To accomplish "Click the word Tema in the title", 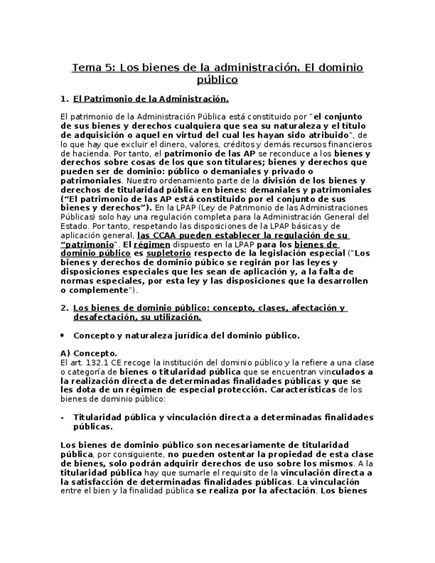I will [x=86, y=68].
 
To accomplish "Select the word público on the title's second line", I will [x=217, y=80].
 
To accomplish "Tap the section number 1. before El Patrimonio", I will [x=64, y=99].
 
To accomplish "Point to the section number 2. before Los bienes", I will [x=64, y=308].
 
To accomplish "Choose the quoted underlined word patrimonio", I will [x=87, y=244].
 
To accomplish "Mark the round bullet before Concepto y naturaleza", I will [x=62, y=336].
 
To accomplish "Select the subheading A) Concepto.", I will [x=88, y=354].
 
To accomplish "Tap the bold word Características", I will [x=303, y=390].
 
